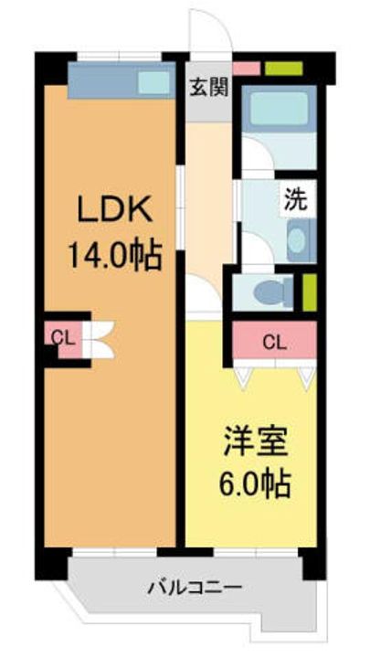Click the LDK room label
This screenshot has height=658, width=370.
click(113, 211)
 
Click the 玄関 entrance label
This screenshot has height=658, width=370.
click(209, 88)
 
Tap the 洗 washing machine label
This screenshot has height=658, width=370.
click(296, 200)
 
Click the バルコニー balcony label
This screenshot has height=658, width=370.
click(195, 587)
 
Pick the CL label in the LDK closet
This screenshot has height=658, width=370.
click(63, 336)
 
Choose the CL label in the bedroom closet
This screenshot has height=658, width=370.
click(274, 343)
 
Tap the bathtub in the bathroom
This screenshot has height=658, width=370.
click(279, 109)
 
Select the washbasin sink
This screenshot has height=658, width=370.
click(298, 240)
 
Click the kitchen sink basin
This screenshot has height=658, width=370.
click(154, 82)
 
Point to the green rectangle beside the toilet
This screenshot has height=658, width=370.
click(310, 292)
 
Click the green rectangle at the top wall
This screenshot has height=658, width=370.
click(284, 69)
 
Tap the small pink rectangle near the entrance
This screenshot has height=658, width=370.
click(247, 69)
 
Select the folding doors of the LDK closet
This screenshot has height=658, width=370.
click(99, 340)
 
